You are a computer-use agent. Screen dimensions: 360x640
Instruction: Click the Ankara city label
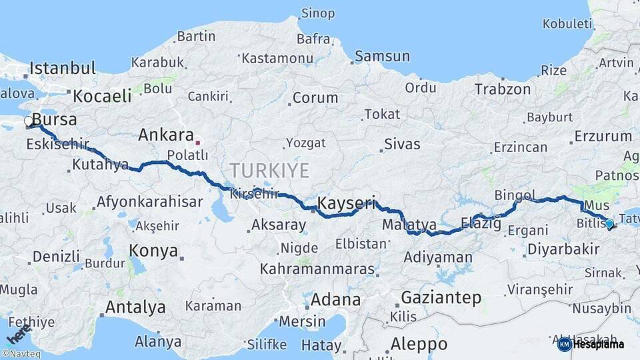(166, 135)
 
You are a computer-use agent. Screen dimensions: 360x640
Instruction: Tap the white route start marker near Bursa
(29, 122)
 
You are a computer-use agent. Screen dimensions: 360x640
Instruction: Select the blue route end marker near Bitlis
(609, 223)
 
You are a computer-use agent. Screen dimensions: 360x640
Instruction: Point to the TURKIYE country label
(269, 171)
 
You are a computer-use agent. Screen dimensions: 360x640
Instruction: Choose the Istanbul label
(63, 68)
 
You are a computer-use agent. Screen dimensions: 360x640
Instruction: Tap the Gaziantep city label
(441, 298)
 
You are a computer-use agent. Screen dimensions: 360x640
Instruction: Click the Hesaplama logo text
(598, 345)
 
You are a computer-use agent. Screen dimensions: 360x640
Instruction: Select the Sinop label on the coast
(318, 13)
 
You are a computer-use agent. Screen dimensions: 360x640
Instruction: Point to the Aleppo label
(419, 344)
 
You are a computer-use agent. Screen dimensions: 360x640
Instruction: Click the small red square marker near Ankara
(197, 142)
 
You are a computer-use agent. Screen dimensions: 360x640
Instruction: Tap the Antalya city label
(135, 307)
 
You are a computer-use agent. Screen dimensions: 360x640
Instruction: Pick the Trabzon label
(503, 89)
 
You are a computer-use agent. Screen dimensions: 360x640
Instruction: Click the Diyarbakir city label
(563, 249)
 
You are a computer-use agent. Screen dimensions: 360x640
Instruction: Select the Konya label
(153, 251)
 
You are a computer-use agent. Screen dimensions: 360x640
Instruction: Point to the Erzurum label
(602, 137)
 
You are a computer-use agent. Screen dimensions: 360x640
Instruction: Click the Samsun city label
(382, 56)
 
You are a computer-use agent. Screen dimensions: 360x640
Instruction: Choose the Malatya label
(409, 225)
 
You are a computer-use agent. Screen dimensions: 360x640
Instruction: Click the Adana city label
(336, 299)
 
